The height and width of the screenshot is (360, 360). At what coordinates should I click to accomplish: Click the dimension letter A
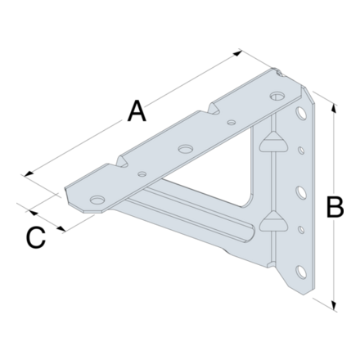[x=137, y=110]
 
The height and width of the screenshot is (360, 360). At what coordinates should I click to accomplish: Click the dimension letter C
[x=34, y=237]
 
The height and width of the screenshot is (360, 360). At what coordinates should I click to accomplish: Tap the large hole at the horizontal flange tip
[x=97, y=200]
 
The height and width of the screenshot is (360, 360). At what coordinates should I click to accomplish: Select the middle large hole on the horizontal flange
[x=186, y=150]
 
